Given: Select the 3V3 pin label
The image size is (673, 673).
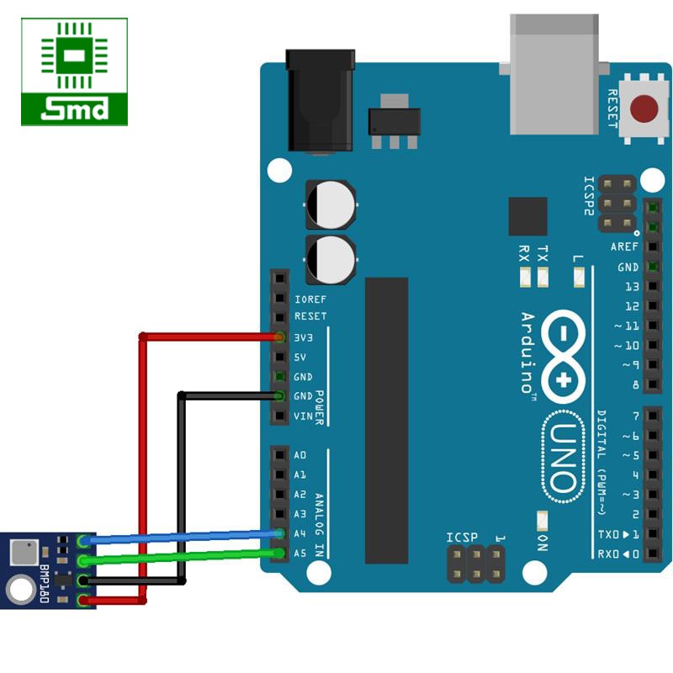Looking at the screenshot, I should coord(305,337).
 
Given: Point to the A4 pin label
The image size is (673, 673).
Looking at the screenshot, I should coord(300,533).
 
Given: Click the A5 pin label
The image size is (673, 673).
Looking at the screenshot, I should coord(300,553).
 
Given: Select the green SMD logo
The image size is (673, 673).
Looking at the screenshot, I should coord(75,72).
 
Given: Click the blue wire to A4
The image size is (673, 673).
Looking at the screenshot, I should coord(185,536).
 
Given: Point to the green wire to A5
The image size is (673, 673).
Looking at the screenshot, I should coord(185,556).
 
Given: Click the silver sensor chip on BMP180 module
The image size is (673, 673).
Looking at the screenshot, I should coord(23,553).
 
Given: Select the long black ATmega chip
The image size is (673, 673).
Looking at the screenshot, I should coord(386,420).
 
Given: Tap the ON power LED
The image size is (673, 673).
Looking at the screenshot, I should coord(542,522).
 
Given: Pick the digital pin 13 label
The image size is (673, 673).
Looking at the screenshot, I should coord(632,286).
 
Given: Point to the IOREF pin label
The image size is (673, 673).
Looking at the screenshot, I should coord(310,299).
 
